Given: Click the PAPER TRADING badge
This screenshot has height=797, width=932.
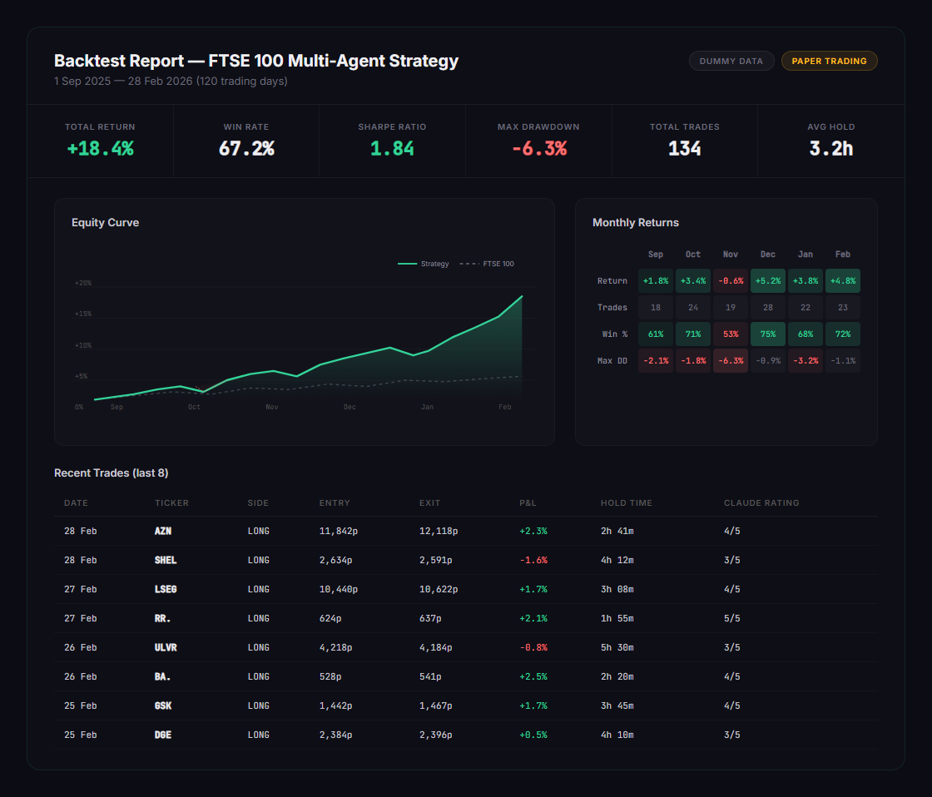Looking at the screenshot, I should click(829, 61).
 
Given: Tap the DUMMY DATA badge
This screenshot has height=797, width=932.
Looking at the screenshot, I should click(731, 61).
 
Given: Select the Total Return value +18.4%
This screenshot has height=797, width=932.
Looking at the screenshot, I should click(100, 149).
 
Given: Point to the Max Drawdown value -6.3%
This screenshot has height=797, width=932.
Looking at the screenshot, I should click(538, 149).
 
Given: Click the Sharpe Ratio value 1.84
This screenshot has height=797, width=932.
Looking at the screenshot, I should click(392, 149).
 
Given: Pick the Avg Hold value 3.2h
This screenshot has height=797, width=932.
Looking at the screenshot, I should click(830, 149).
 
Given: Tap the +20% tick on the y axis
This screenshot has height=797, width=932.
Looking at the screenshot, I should click(83, 284).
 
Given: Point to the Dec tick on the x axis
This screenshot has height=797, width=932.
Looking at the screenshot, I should click(349, 407).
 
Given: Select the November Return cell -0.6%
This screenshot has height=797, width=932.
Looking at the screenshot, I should click(731, 280).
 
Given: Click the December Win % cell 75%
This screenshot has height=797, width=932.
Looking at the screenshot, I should click(768, 334).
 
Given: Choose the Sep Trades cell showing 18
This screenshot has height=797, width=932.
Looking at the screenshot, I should click(656, 307).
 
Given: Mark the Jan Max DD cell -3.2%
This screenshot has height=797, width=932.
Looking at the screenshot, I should click(806, 360).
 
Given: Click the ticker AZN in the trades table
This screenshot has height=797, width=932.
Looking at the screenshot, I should click(163, 531).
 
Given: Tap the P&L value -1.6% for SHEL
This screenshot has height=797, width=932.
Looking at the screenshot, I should click(533, 560).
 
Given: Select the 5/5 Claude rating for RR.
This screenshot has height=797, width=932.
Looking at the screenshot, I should click(731, 618).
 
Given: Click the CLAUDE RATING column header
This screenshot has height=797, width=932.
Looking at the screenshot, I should click(761, 502).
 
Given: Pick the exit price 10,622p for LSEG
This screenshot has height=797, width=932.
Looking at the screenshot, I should click(439, 589).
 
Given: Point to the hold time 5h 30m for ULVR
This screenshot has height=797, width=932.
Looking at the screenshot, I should click(617, 647).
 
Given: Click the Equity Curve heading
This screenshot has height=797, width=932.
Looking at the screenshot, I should click(105, 222).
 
